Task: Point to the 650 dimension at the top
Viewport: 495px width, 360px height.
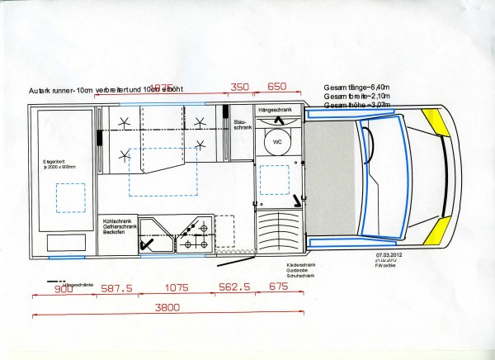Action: (277, 87)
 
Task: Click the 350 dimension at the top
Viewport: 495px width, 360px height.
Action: (239, 87)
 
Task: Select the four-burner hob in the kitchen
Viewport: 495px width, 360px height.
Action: (196, 235)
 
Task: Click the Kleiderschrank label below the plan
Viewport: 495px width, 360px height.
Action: (275, 265)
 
